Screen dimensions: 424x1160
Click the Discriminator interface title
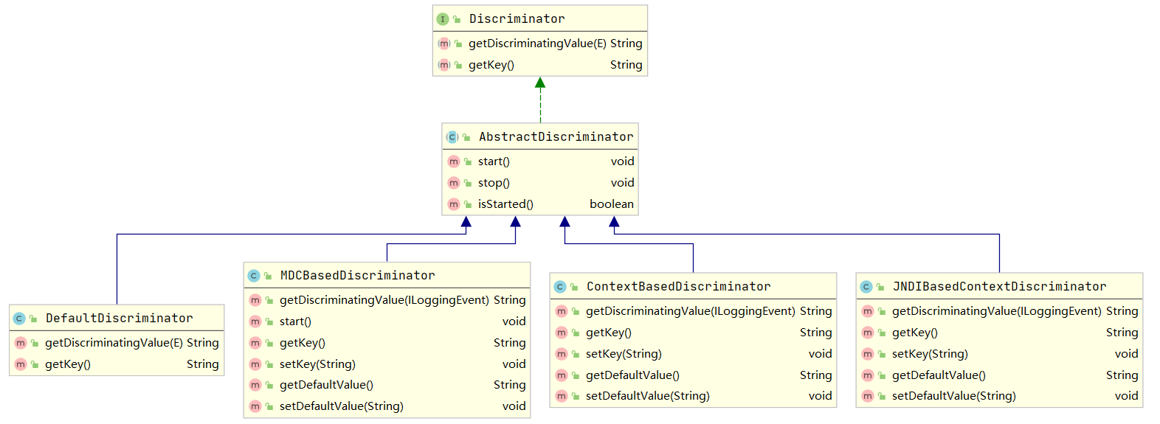[517, 19]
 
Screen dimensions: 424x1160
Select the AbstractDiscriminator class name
[556, 137]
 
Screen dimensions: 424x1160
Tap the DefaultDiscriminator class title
[119, 319]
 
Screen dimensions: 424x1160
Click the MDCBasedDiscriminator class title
[357, 276]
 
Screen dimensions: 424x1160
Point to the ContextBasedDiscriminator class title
[678, 287]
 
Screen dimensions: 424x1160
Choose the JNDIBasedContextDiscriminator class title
[999, 287]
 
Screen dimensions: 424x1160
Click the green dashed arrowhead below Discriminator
[540, 83]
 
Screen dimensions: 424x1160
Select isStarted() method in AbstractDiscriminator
[505, 204]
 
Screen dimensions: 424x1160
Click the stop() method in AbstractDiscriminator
[494, 183]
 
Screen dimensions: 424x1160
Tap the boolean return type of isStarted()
[611, 204]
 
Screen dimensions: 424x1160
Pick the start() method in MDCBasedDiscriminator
[295, 322]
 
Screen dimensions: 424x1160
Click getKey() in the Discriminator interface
[491, 65]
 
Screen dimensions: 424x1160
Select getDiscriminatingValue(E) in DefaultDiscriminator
[114, 343]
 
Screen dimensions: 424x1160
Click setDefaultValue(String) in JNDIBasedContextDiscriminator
[953, 396]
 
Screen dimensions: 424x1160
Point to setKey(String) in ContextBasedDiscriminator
[624, 354]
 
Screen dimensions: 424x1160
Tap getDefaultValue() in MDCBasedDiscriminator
[326, 385]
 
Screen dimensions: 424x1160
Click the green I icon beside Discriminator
[443, 19]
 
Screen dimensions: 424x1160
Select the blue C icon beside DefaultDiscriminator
[19, 319]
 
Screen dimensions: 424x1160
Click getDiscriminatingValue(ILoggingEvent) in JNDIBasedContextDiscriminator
[996, 311]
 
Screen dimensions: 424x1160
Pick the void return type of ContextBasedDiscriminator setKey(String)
[820, 354]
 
